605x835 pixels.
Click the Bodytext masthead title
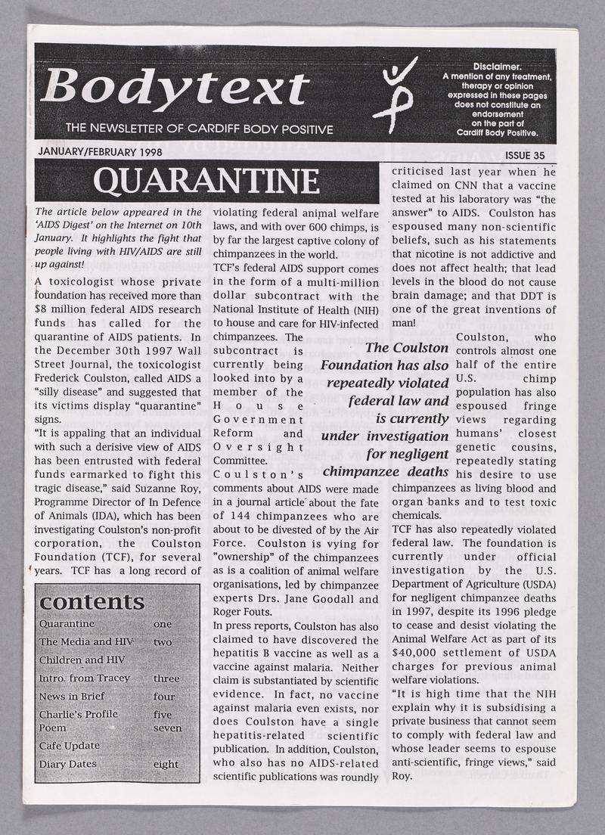175,86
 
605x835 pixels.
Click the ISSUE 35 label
527,156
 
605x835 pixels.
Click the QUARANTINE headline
206,182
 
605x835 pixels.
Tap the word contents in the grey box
91,602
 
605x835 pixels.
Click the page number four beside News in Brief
163,697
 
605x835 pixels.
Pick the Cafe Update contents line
69,746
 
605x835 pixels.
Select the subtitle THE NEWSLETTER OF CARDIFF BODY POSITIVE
200,129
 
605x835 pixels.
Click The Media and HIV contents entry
85,642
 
